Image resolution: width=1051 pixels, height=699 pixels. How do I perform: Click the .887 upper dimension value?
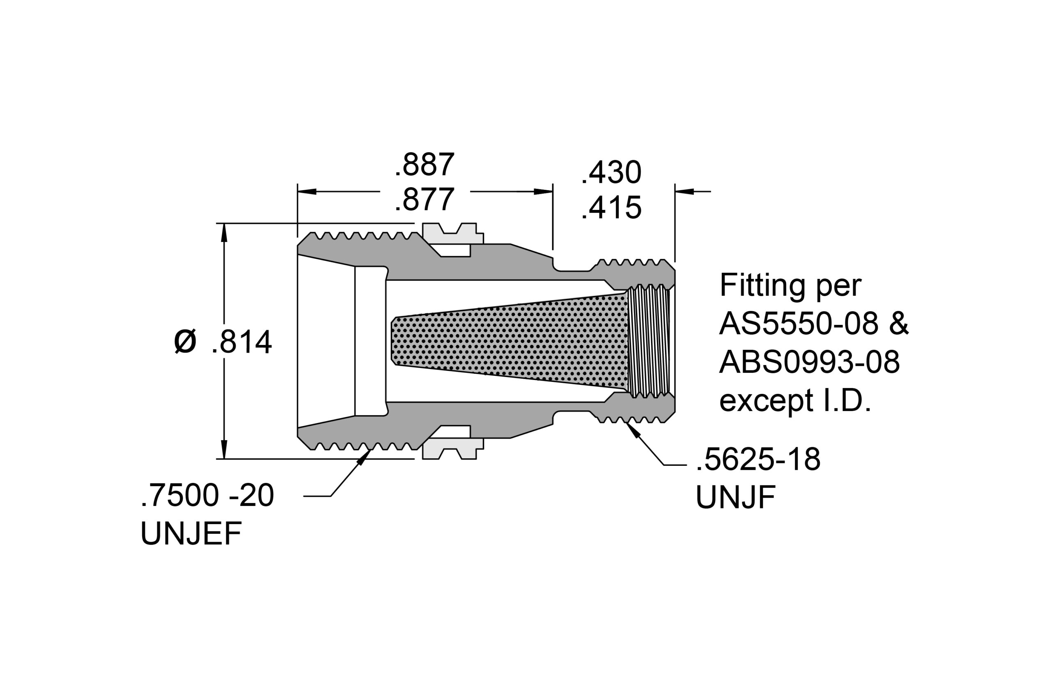(x=425, y=165)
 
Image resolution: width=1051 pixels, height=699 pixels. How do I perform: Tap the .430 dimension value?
(x=611, y=172)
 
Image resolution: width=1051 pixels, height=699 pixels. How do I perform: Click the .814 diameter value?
(x=241, y=343)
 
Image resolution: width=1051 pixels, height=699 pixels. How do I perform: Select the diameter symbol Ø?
(x=185, y=342)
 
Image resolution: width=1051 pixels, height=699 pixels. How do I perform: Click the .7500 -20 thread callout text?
(x=207, y=496)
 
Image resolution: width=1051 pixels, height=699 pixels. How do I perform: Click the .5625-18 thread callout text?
(x=758, y=460)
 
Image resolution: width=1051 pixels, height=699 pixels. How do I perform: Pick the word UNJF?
(x=736, y=497)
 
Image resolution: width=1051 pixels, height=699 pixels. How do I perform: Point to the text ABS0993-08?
(x=810, y=362)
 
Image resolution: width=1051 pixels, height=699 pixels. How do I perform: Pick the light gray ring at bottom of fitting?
(x=452, y=449)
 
